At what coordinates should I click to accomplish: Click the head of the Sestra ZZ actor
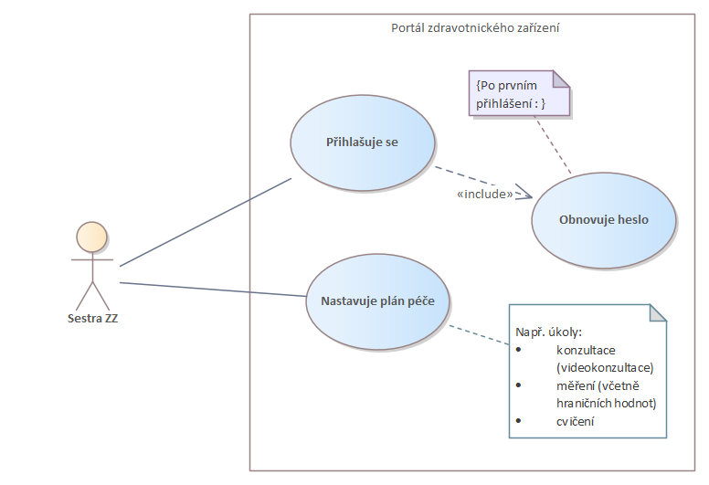(x=91, y=237)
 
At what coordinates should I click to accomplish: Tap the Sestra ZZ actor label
(x=92, y=319)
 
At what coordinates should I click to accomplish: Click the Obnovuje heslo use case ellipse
(x=604, y=220)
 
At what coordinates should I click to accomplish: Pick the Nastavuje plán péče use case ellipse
(x=376, y=300)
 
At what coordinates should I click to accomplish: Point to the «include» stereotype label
(x=484, y=194)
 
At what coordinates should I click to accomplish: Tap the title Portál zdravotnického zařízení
(x=475, y=28)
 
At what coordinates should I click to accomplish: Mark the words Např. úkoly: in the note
(x=549, y=332)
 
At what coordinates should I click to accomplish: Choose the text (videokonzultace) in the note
(x=605, y=367)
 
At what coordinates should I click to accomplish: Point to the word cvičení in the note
(x=576, y=421)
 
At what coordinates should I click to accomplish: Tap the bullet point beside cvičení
(x=519, y=421)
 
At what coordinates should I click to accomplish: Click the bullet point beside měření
(x=519, y=385)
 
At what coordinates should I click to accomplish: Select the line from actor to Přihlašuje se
(x=206, y=221)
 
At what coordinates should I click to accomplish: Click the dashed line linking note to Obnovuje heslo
(x=552, y=145)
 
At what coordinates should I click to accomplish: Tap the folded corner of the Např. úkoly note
(x=658, y=313)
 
